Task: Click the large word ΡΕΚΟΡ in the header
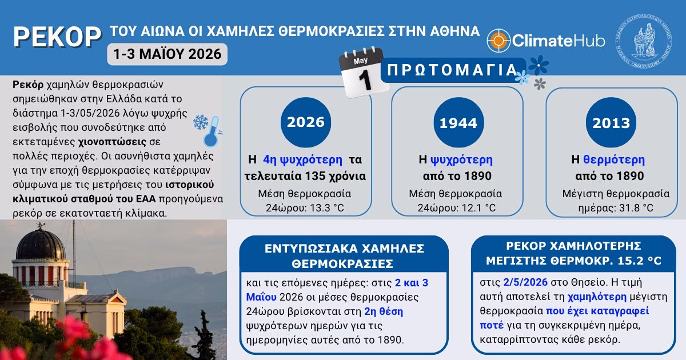[x=57, y=37]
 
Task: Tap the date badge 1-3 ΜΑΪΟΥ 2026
[x=167, y=54]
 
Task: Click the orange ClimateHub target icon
[x=498, y=40]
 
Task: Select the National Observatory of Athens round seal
[x=644, y=40]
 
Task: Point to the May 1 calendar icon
[x=363, y=72]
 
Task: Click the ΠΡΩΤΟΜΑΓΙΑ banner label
[x=452, y=70]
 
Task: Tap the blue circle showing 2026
[x=306, y=122]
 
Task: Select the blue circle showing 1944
[x=458, y=122]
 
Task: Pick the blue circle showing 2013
[x=611, y=122]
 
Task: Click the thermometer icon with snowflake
[x=208, y=131]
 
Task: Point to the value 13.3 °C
[x=327, y=208]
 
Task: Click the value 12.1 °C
[x=479, y=208]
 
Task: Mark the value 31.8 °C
[x=636, y=208]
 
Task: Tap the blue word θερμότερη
[x=614, y=160]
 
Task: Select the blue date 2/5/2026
[x=525, y=282]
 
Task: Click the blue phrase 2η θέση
[x=384, y=311]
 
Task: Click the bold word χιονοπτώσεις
[x=112, y=142]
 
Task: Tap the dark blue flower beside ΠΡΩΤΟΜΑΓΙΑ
[x=539, y=65]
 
